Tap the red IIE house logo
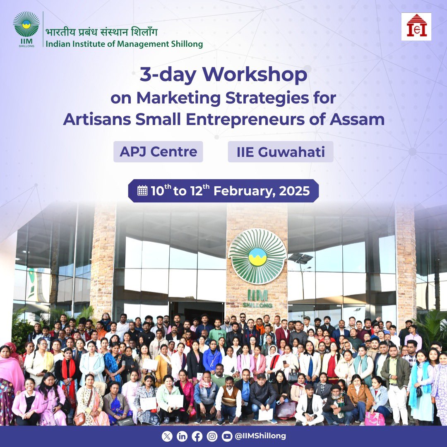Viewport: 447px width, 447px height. click(x=416, y=26)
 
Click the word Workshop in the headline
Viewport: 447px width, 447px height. click(x=255, y=74)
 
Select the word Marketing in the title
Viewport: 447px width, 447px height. click(x=178, y=98)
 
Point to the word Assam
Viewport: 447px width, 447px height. click(x=357, y=119)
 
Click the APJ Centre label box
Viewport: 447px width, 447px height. click(x=158, y=151)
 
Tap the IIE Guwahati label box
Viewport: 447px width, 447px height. click(x=281, y=151)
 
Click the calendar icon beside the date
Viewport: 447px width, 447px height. click(x=142, y=190)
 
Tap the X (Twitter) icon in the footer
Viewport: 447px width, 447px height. click(x=167, y=436)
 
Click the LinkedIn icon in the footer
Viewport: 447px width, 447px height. click(x=182, y=436)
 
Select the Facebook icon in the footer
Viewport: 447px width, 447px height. click(x=197, y=436)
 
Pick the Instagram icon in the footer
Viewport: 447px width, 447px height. click(x=212, y=436)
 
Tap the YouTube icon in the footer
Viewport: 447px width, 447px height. click(x=227, y=436)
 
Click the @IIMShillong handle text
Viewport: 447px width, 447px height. click(x=260, y=436)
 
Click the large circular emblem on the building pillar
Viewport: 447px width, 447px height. click(x=257, y=257)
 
